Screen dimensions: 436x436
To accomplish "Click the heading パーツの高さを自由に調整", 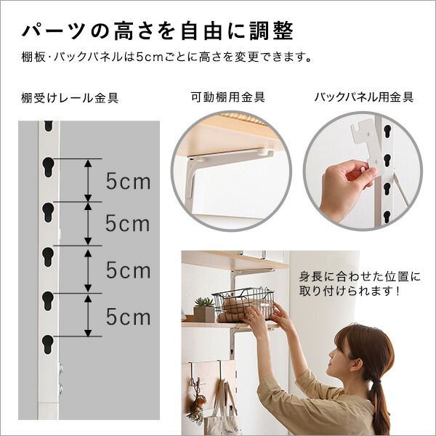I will pos(158,31).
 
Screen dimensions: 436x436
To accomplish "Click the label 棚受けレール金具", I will pos(70,97).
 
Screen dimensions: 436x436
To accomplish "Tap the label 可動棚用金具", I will pos(227,97).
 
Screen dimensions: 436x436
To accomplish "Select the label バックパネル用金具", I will pos(364,97).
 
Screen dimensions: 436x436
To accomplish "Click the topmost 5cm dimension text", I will pos(129,181).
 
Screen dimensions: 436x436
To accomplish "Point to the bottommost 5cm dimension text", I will pos(129,316).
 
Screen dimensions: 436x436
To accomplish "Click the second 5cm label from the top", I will pos(129,224).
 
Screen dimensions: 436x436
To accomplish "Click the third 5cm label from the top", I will pos(129,270).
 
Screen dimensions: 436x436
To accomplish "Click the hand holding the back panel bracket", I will pos(342,185).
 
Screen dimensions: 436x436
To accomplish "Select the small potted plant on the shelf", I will pos(205,309).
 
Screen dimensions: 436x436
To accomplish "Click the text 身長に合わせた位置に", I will pos(359,277).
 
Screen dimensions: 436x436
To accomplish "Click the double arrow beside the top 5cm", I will pos(87,180).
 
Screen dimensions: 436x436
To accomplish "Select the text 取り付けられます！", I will pos(352,291).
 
